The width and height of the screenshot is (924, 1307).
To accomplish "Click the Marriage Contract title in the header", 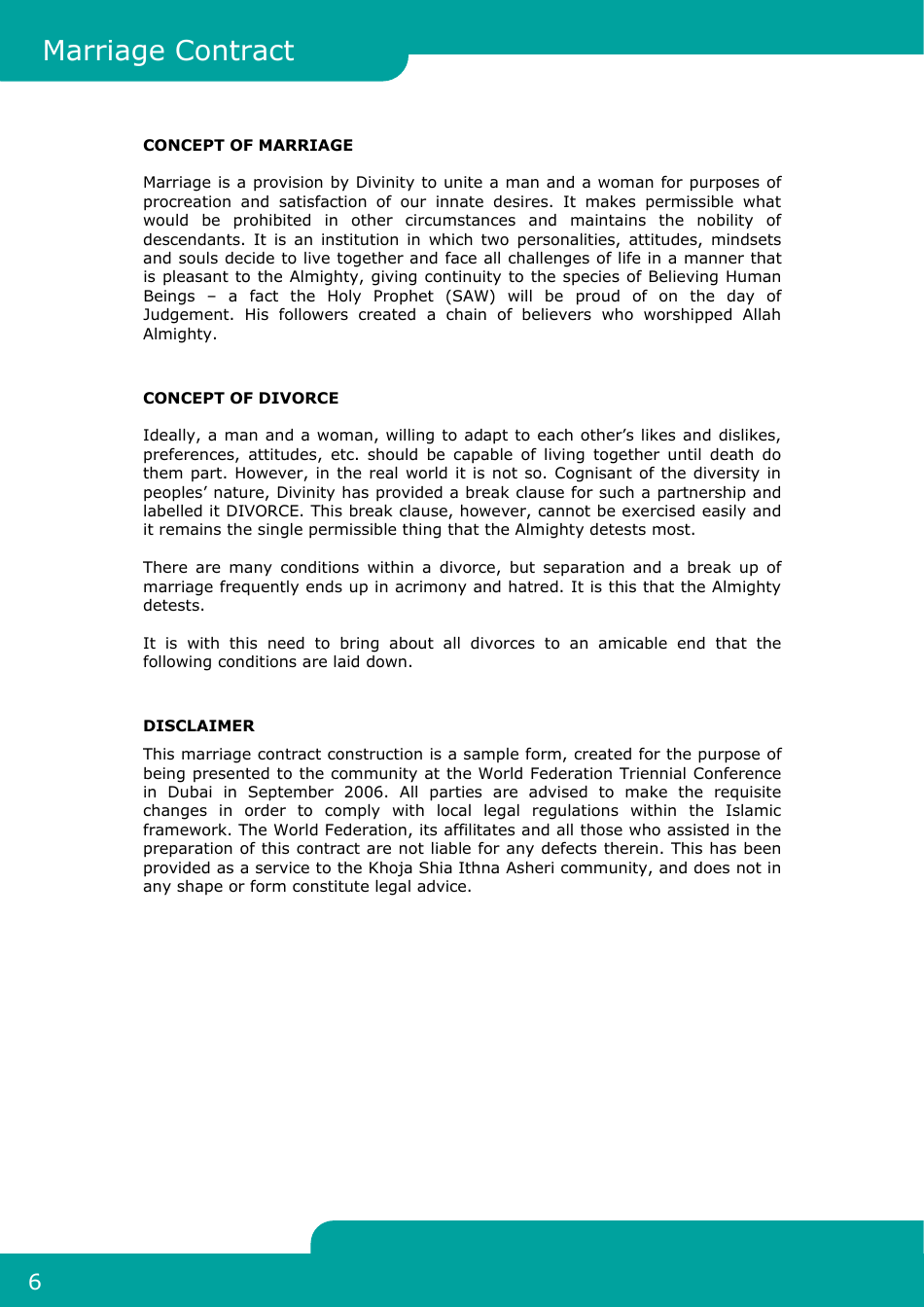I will click(x=168, y=51).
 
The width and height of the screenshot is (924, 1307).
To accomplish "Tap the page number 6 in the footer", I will click(x=35, y=1282).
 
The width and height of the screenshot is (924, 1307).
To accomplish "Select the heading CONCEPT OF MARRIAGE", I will click(x=248, y=145).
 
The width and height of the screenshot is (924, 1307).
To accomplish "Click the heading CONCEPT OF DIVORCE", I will click(x=241, y=398).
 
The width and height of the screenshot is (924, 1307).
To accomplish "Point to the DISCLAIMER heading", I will click(x=198, y=725).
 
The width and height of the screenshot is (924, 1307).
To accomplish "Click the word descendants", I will click(x=192, y=240).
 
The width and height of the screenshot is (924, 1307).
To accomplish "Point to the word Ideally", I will click(x=170, y=436).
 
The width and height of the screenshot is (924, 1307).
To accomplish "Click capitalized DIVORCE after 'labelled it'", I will click(x=263, y=512).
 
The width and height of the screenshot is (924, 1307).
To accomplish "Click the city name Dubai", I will click(x=190, y=793).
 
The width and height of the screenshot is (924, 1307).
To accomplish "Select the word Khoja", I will click(x=391, y=868).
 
